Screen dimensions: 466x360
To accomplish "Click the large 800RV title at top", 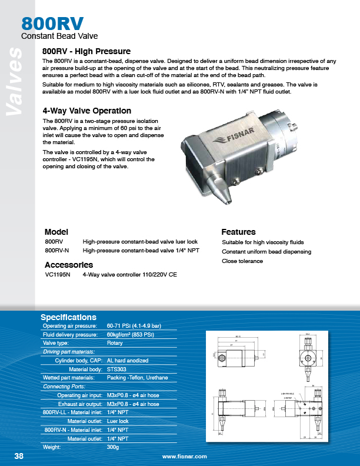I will coord(52,24).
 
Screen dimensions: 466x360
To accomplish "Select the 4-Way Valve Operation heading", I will coord(87,111).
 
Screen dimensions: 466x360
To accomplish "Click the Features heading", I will coord(238,231).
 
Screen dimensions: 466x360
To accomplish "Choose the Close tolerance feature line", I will coord(242,261).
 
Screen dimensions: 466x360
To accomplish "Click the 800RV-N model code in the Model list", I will coord(56,251).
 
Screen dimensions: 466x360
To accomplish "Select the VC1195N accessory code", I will coord(57,274).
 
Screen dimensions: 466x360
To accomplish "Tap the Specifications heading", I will coord(68,317).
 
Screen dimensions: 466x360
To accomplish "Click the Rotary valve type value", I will coord(115,343).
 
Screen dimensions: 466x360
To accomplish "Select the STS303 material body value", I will coord(118,369).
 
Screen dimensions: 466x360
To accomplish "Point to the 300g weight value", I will coord(113,447).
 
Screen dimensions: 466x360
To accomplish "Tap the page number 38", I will coord(19,456).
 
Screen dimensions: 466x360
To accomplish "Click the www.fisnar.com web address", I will coord(185,457).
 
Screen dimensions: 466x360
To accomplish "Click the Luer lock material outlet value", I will coord(118,421).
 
